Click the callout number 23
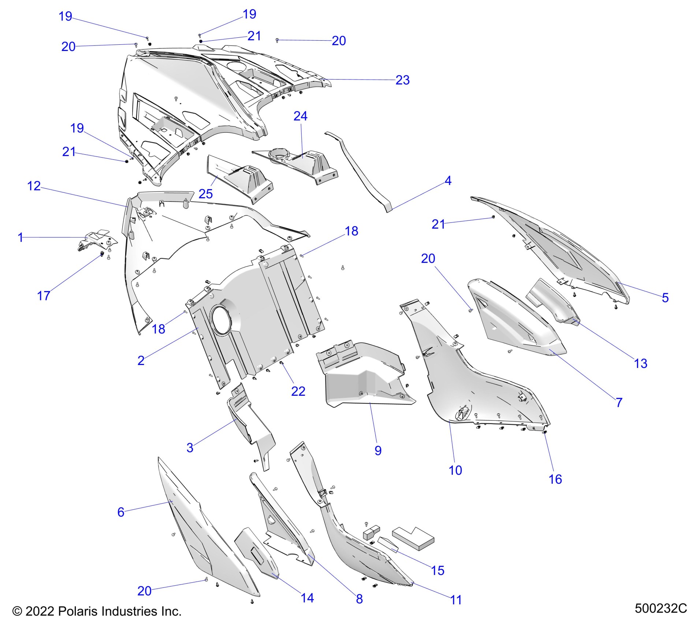coord(402,80)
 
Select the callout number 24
coord(300,116)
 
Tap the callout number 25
coord(205,194)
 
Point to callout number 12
coord(34,186)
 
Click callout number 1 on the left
coord(21,237)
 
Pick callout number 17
coord(44,296)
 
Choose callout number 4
coord(448,181)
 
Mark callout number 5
coord(665,298)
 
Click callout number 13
coord(640,363)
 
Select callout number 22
coord(298,391)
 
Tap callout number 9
coord(378,450)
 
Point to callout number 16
coord(555,479)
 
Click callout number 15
coord(437,570)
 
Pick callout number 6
coord(121,512)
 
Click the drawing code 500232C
coord(660,608)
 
